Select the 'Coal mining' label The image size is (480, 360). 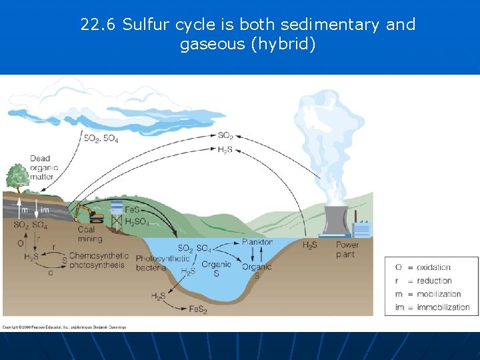click(90, 234)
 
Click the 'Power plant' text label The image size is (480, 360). click(347, 249)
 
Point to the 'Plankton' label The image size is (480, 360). click(257, 242)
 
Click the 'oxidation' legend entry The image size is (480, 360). click(433, 267)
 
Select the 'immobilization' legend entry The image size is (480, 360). click(443, 307)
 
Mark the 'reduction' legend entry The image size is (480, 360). click(434, 281)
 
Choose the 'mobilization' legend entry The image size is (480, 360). click(438, 294)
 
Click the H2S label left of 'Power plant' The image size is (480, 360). click(310, 246)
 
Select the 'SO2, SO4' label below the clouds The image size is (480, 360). click(101, 139)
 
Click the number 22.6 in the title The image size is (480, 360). click(99, 25)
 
